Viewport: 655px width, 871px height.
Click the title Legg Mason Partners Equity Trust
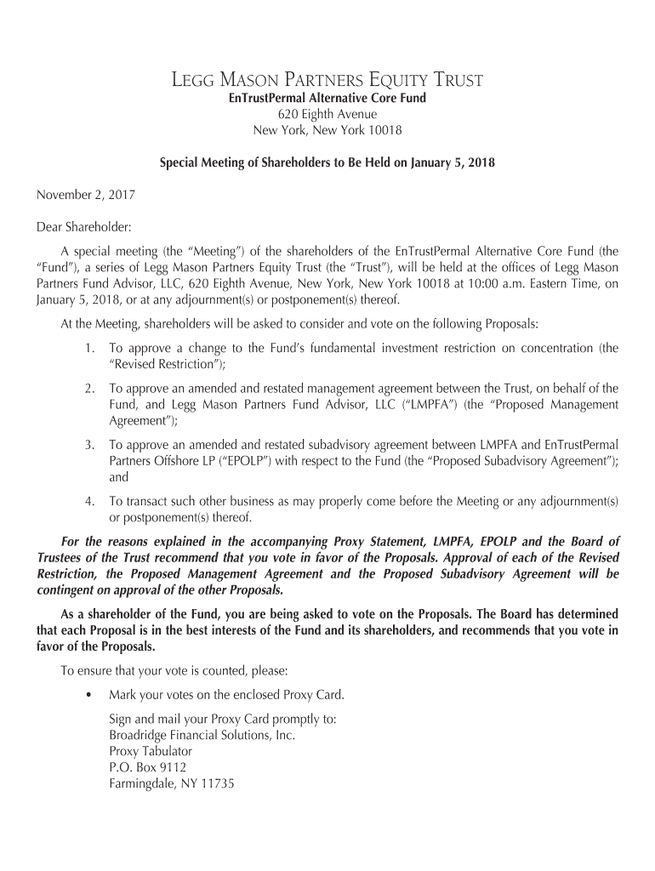pos(327,82)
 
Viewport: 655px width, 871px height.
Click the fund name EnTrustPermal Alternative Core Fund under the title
pos(327,99)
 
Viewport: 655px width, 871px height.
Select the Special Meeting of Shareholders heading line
pos(327,162)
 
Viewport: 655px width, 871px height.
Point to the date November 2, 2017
pos(85,195)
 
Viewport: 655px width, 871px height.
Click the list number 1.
pos(89,348)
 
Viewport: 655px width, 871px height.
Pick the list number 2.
pos(89,388)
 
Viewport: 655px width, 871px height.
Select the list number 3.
pos(89,444)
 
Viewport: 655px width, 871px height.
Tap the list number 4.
pos(89,501)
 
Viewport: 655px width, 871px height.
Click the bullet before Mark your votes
pos(89,695)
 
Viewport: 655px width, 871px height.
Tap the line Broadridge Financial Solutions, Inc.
pos(202,735)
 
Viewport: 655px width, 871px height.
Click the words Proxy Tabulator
pos(151,751)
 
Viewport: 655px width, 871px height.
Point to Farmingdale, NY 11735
pos(171,783)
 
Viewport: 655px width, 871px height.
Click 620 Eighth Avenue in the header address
pos(327,114)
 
